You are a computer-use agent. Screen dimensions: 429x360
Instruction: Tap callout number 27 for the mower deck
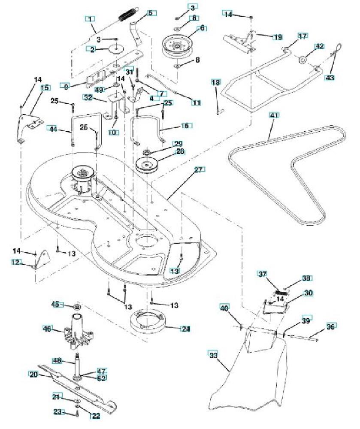198,170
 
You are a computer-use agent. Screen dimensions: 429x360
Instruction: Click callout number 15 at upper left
44,87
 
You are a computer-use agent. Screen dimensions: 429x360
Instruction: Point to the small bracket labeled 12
42,260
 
